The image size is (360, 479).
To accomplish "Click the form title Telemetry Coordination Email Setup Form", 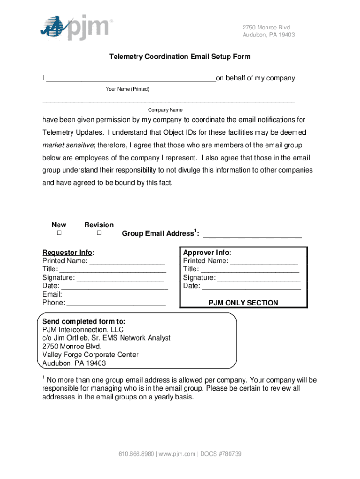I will pos(180,57).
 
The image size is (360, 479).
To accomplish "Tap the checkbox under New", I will pos(59,233).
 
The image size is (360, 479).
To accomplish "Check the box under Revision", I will pos(99,233).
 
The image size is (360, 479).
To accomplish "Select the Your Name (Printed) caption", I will pos(128,89).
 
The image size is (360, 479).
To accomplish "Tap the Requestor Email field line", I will pos(115,295).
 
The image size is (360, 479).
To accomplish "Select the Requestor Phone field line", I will pos(116,304).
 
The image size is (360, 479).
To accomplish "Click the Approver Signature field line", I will pos(259,278).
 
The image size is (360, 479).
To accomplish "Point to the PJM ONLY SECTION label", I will pos(243,303).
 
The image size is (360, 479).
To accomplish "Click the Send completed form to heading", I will pos(84,321).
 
